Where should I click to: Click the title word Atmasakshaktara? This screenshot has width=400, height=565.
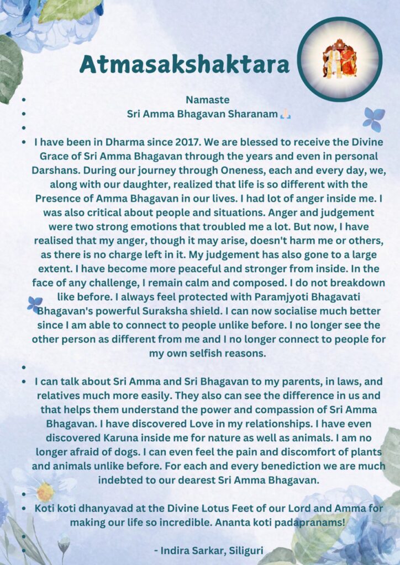pyautogui.click(x=185, y=65)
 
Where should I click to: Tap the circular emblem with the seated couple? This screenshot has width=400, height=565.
pyautogui.click(x=339, y=59)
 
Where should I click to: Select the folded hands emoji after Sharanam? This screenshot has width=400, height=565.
pyautogui.click(x=285, y=114)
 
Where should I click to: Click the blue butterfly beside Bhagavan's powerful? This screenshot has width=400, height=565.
pyautogui.click(x=35, y=304)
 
